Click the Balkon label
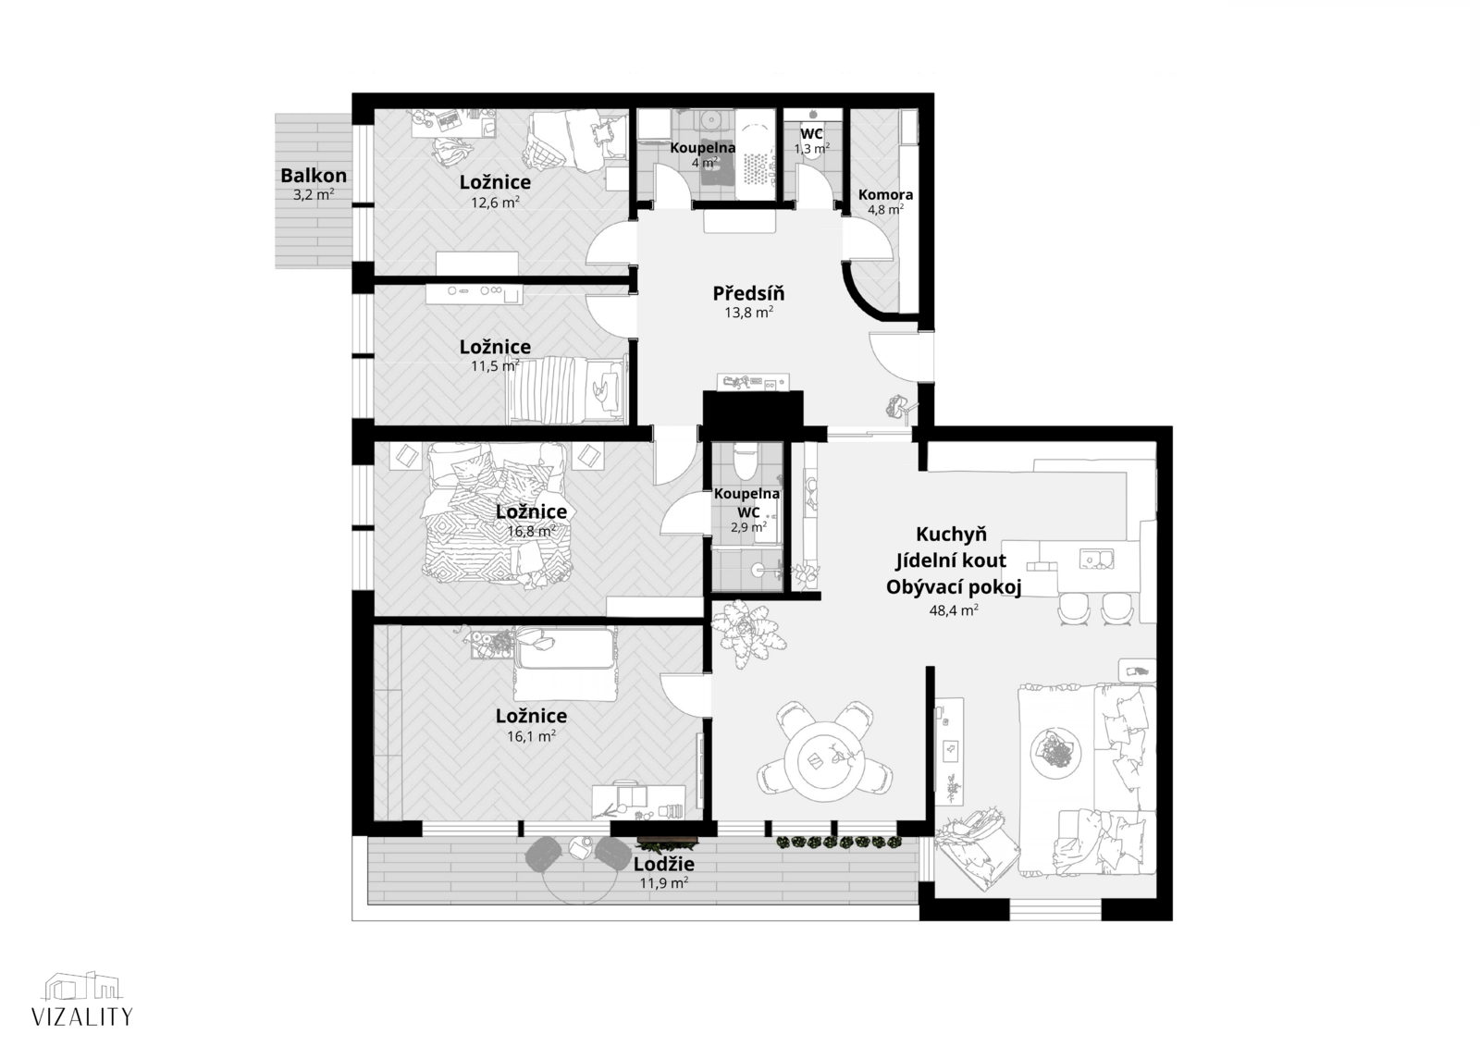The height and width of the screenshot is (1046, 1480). tap(314, 176)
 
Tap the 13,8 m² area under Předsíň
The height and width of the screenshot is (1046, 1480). tap(748, 312)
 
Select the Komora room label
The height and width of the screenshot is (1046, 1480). tap(885, 195)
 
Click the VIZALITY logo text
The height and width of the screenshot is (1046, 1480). tap(82, 1016)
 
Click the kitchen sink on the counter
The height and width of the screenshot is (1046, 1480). tap(1096, 559)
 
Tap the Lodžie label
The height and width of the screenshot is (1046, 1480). tap(664, 864)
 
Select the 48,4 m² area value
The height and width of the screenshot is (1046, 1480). tap(954, 609)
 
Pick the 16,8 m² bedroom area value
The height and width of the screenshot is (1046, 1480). tap(531, 531)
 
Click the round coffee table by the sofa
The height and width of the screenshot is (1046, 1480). tap(1055, 752)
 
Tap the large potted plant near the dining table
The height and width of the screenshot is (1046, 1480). tap(748, 633)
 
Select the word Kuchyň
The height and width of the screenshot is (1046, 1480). tap(951, 534)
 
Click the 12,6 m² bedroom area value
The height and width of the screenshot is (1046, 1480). tap(495, 203)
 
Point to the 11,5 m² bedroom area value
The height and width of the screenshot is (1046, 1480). tap(495, 365)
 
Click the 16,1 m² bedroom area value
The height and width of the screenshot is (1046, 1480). tap(531, 735)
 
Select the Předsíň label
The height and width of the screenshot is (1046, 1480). tap(748, 293)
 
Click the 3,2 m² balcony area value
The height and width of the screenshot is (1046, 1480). tap(314, 195)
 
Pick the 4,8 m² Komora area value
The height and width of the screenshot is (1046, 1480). tap(885, 209)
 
